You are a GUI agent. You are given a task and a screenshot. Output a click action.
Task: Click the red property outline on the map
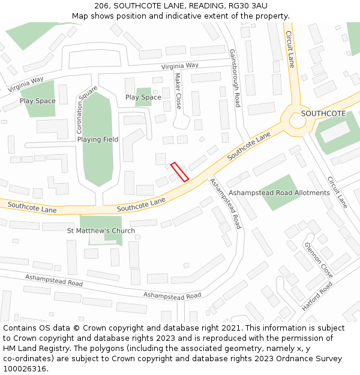[x=179, y=172]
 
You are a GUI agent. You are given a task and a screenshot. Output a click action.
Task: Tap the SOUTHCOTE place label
[x=323, y=113]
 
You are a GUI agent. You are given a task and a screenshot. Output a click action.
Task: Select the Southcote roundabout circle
[x=298, y=121]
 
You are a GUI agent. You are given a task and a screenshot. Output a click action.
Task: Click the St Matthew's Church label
[x=101, y=230]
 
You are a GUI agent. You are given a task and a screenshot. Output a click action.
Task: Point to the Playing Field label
[x=98, y=139]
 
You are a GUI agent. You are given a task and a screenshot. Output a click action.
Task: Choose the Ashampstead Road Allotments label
[x=280, y=193]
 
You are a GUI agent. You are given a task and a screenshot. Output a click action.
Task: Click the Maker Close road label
[x=178, y=91]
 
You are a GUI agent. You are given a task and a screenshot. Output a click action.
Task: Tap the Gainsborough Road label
[x=234, y=78]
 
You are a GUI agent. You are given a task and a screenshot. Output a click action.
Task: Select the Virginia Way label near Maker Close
[x=179, y=65]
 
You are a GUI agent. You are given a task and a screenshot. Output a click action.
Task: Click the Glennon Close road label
[x=318, y=257]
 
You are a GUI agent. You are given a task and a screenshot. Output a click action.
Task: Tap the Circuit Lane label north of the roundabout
[x=290, y=49]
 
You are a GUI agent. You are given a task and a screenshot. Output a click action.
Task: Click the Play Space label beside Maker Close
[x=143, y=97]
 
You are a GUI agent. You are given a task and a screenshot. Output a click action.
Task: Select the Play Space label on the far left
[x=37, y=101]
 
